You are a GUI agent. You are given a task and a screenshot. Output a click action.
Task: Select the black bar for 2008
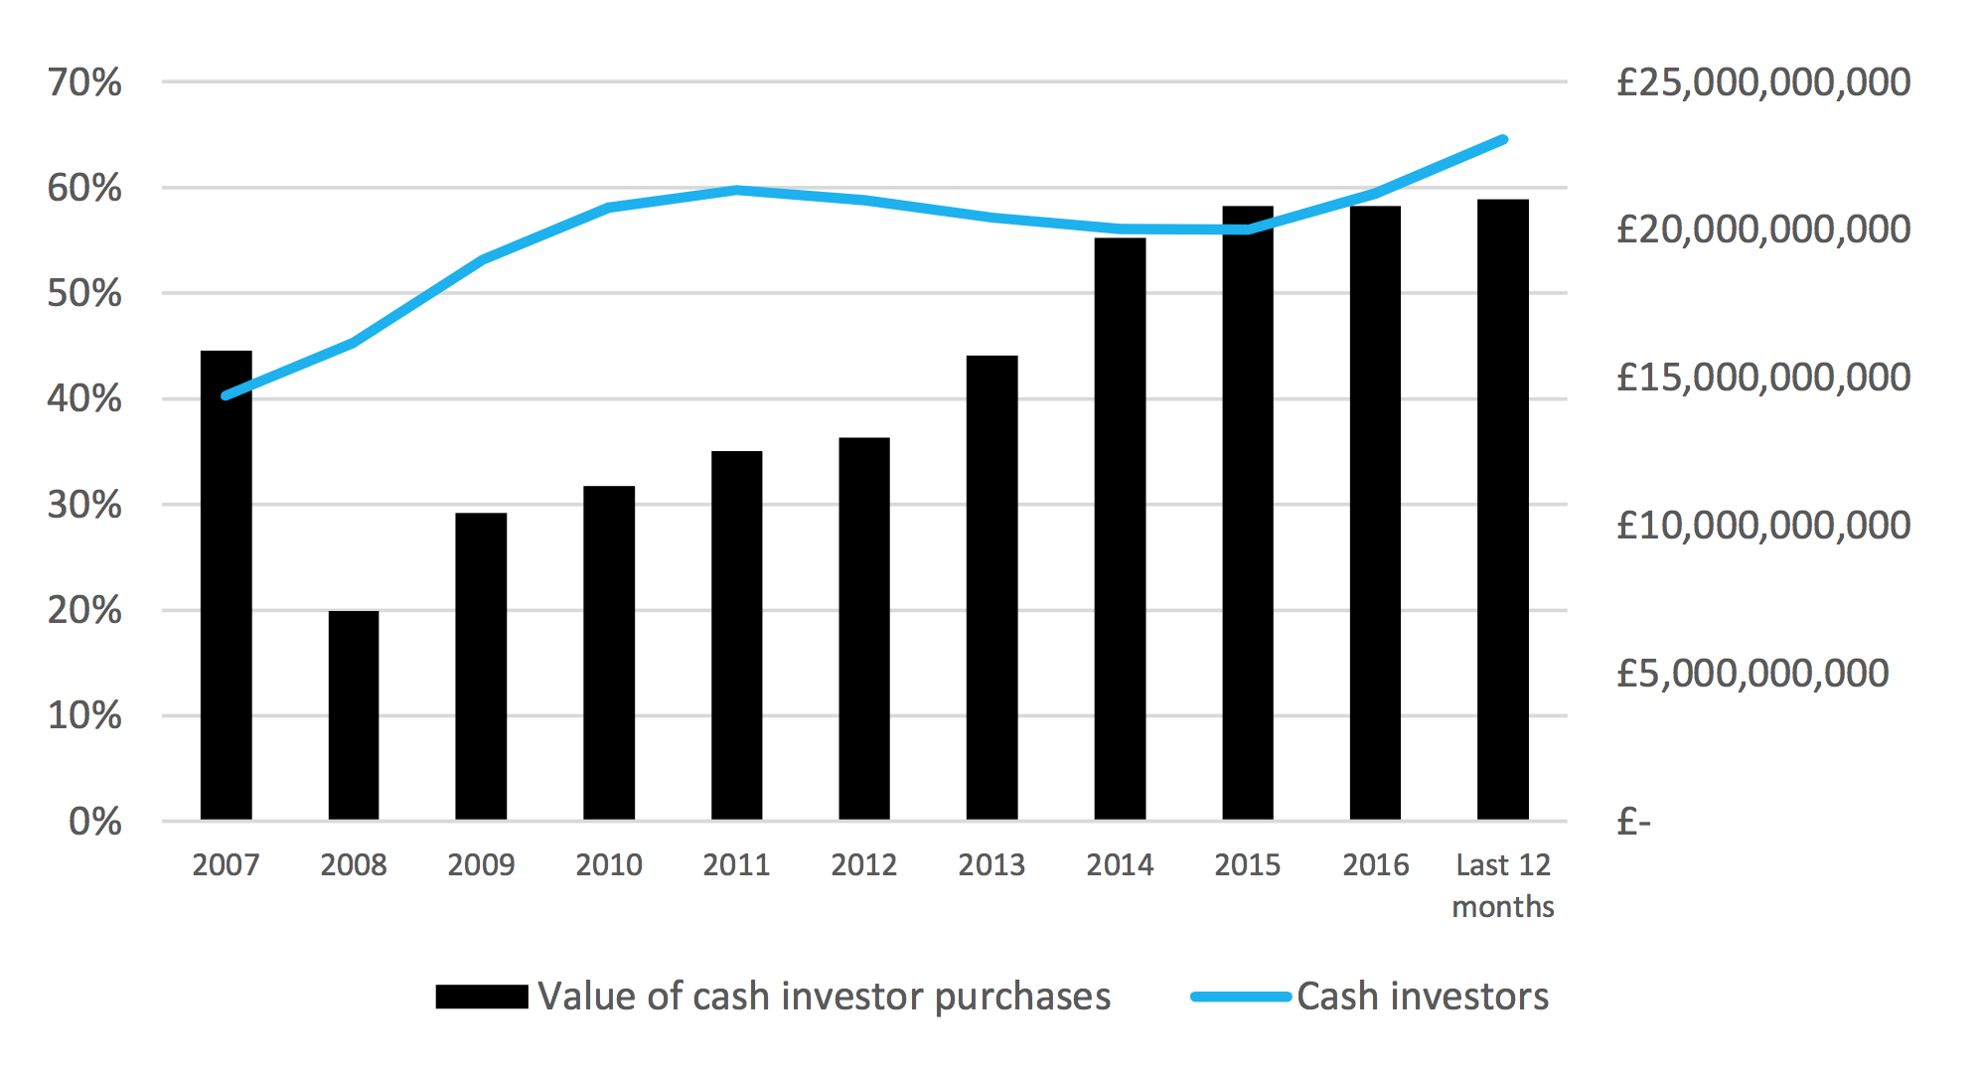pos(354,715)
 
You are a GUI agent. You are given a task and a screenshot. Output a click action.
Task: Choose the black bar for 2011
pos(736,636)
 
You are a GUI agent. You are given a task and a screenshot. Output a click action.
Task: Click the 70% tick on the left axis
pos(84,82)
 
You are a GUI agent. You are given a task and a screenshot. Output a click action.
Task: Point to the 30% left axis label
pos(84,505)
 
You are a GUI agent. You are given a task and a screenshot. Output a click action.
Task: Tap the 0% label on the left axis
pos(94,822)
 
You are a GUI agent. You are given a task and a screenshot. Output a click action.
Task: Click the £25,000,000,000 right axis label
pos(1762,82)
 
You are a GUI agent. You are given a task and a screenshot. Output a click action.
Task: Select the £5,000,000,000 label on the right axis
pos(1752,674)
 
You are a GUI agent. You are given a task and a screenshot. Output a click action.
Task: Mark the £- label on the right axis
pos(1633,822)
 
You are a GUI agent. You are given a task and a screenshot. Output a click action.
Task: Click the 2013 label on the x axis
pos(991,865)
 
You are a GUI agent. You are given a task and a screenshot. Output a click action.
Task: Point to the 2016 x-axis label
pos(1375,865)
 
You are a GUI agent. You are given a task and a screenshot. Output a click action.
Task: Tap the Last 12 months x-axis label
pos(1502,885)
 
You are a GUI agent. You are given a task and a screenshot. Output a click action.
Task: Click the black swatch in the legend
pos(482,997)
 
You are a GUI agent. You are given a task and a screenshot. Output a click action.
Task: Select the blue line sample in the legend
pos(1241,997)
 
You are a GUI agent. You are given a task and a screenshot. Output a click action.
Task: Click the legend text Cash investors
pos(1422,997)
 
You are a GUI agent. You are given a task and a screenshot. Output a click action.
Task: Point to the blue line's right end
pos(1503,140)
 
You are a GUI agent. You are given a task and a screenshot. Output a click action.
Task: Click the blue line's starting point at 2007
pos(227,395)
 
